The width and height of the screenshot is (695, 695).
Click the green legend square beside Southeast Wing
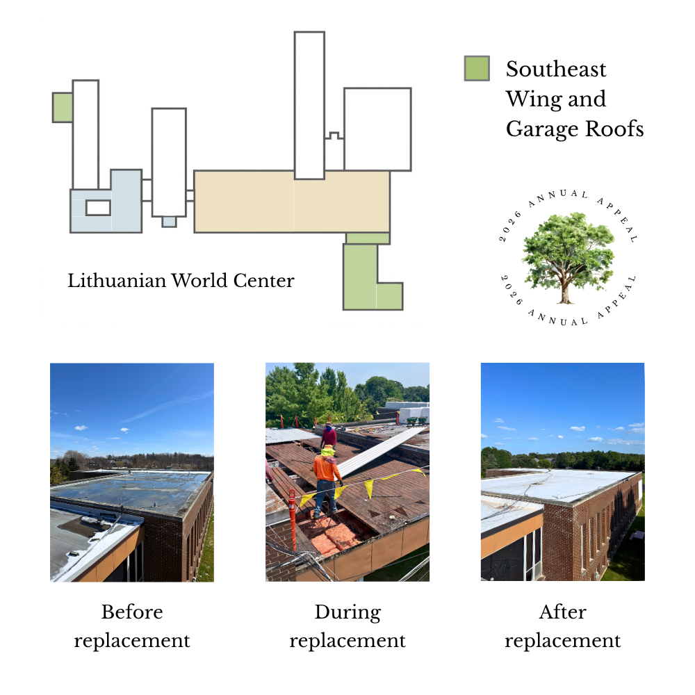477,68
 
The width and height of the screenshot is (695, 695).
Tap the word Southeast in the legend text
556,69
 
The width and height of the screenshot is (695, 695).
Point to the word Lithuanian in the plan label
117,281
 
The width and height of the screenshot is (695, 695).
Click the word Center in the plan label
263,281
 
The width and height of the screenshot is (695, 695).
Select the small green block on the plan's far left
63,107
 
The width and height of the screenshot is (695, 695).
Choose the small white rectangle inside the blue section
98,208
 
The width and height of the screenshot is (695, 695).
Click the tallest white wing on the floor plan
309,105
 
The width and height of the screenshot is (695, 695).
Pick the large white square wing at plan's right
377,129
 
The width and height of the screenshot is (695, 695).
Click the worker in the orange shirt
327,482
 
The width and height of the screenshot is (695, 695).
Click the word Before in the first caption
132,612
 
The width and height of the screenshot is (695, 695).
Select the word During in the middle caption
347,612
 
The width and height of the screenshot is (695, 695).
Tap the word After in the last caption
562,612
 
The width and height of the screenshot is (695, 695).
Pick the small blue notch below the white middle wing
169,222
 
